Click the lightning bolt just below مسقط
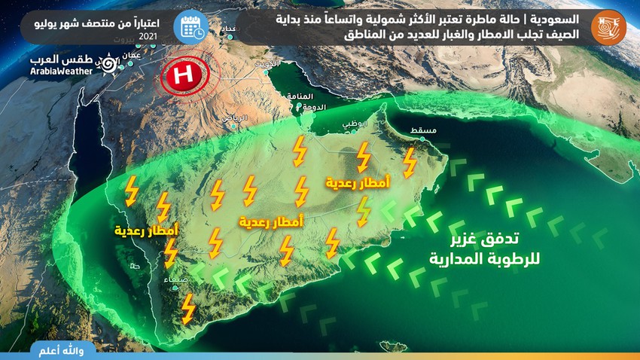click(410, 161)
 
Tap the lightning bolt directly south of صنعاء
click(188, 307)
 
